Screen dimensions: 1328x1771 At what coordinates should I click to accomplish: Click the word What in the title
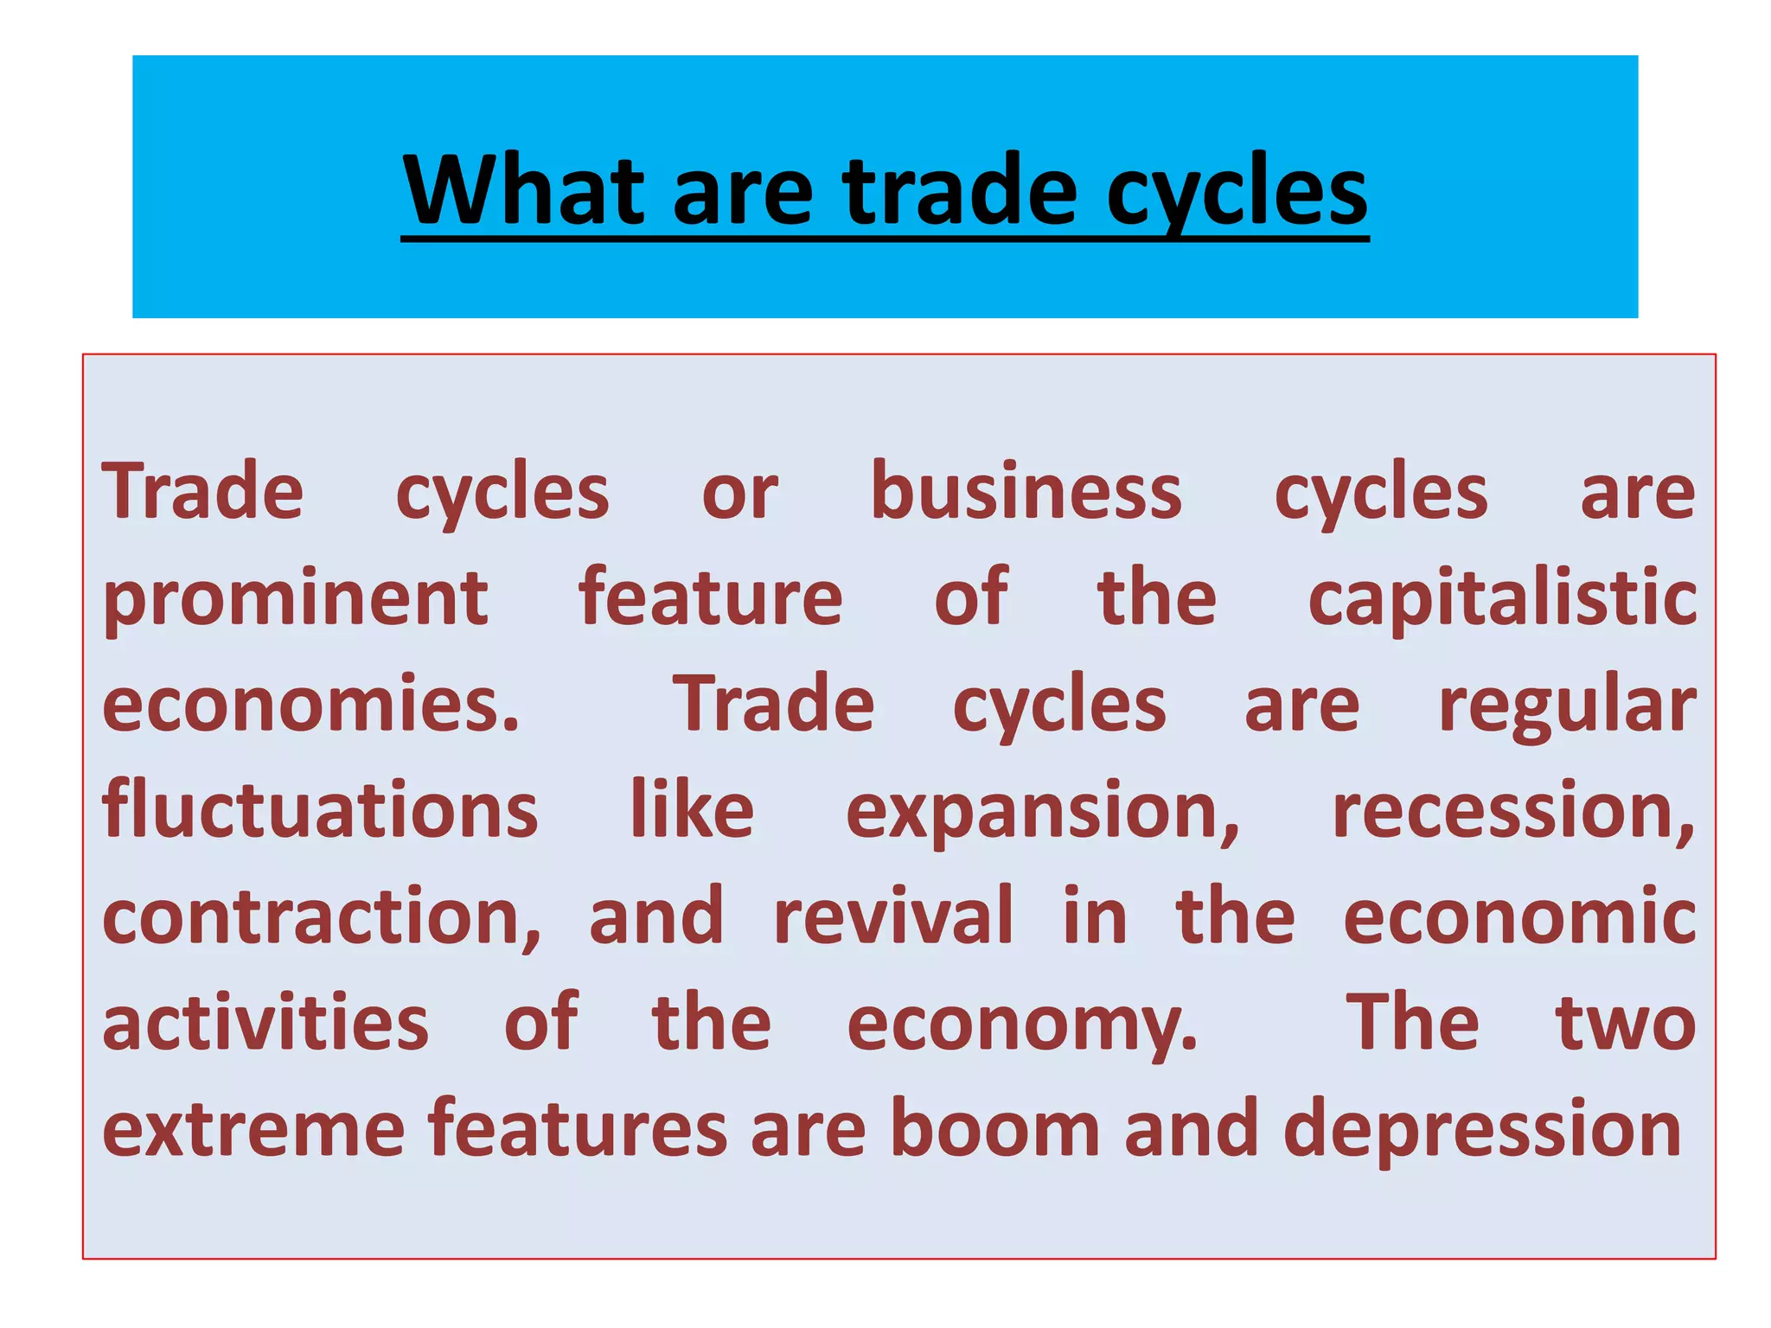524,189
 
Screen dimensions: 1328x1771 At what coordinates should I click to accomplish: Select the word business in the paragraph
1026,492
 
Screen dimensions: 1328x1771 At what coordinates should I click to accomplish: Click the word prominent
296,599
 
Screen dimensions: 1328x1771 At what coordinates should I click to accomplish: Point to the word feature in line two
710,597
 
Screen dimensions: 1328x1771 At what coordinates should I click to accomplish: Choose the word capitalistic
1502,599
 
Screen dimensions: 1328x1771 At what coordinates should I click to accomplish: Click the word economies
311,705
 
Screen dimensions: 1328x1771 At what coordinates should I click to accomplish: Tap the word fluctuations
320,810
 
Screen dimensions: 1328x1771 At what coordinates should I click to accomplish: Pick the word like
692,810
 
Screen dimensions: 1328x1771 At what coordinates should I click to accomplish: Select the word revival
892,916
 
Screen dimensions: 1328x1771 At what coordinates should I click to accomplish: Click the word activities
265,1023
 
